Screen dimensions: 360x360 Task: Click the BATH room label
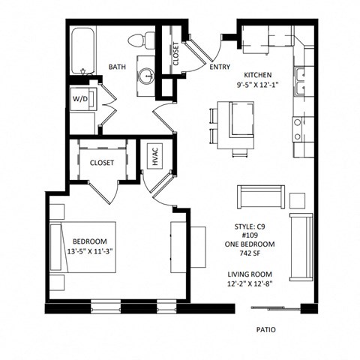pyautogui.click(x=116, y=67)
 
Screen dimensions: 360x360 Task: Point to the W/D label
pyautogui.click(x=79, y=98)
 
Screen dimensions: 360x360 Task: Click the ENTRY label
pyautogui.click(x=220, y=67)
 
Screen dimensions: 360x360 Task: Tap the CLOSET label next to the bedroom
pyautogui.click(x=102, y=163)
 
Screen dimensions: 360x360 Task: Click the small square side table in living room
pyautogui.click(x=297, y=200)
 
